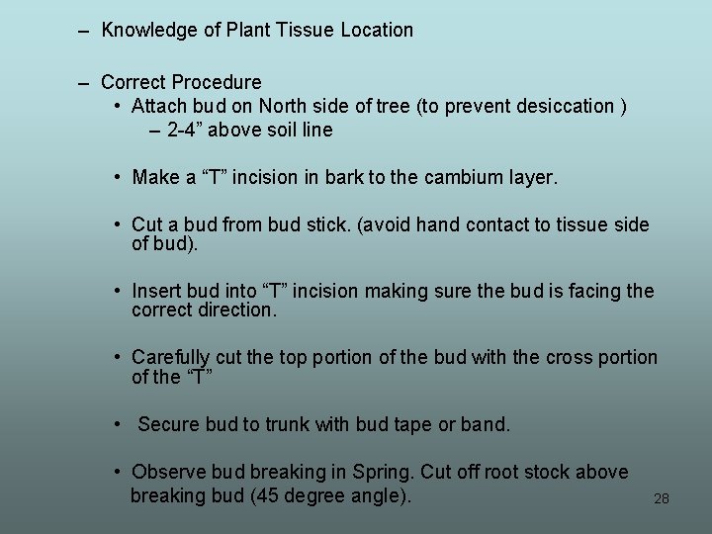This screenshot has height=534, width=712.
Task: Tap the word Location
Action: click(x=377, y=31)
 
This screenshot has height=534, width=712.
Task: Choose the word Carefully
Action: click(x=171, y=358)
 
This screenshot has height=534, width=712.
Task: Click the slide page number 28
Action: click(x=662, y=498)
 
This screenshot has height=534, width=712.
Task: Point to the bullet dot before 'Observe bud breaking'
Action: click(x=118, y=473)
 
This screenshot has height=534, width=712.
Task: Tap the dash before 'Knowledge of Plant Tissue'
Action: click(x=84, y=31)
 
